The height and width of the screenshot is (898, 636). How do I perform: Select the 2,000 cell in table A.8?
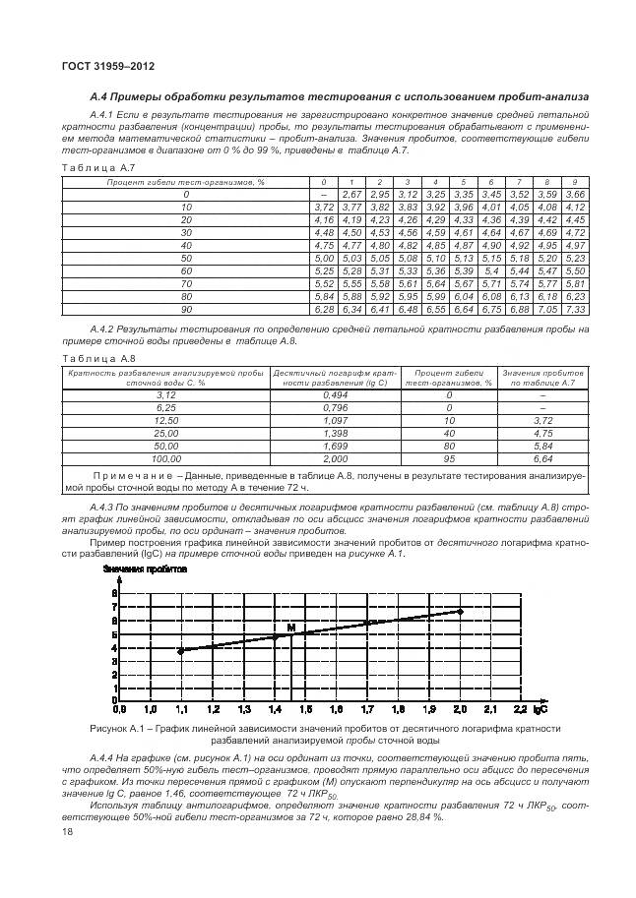pos(335,458)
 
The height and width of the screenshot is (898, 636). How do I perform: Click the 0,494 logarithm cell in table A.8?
pos(335,393)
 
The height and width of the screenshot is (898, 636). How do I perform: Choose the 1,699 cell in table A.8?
pos(335,446)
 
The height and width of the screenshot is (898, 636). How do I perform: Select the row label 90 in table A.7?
pos(186,309)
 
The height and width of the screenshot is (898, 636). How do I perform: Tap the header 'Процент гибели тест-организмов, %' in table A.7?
pos(186,182)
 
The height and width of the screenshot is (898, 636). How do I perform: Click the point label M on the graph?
pos(290,626)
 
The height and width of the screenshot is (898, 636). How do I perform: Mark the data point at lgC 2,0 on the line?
pos(460,611)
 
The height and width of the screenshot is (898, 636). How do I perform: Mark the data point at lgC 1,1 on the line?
pos(180,650)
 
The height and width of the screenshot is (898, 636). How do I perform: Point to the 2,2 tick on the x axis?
pos(522,708)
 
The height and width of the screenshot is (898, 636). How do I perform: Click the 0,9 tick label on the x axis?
pos(118,708)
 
